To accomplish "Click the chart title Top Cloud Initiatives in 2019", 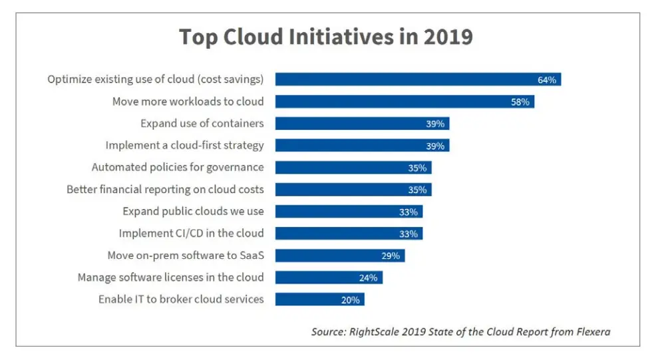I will [325, 36].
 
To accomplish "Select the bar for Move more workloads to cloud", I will [405, 102].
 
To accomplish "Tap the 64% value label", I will [547, 80].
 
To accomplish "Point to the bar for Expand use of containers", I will [362, 124].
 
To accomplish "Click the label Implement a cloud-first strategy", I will [184, 145].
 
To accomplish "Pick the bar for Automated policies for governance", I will [353, 168].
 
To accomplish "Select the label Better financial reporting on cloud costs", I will [165, 190].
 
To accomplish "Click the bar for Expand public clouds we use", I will [349, 212].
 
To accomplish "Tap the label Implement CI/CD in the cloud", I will [191, 234].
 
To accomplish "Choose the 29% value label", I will [391, 256].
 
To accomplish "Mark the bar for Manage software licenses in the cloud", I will [329, 277].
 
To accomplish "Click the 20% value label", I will [350, 300].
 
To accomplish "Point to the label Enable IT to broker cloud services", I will [181, 299].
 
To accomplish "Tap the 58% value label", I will [520, 102].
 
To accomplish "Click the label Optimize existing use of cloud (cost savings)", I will [156, 80].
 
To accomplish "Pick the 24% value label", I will [369, 277].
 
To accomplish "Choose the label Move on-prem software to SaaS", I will [186, 256].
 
